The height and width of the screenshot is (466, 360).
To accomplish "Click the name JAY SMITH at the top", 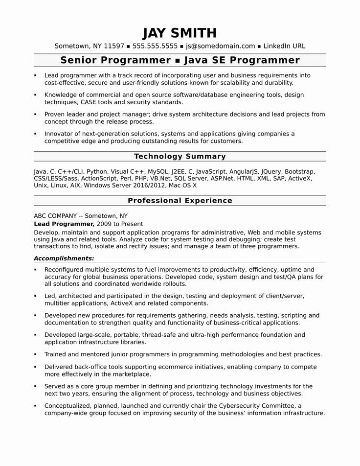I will click(180, 33).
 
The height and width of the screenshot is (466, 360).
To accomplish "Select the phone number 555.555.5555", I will click(154, 47).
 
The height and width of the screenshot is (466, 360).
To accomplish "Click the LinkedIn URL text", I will click(284, 47).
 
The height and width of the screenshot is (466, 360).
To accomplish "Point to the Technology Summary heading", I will click(180, 157).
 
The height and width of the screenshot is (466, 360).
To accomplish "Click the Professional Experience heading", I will click(180, 201).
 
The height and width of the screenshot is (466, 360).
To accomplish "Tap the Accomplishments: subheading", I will click(64, 258).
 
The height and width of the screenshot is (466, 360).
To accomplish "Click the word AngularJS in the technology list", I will click(243, 172).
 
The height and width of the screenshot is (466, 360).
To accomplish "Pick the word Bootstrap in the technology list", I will click(299, 172).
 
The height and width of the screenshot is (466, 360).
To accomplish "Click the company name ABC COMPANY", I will click(55, 215).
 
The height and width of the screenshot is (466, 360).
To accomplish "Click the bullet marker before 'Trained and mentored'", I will click(36, 354).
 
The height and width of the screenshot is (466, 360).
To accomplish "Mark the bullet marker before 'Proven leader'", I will click(36, 115).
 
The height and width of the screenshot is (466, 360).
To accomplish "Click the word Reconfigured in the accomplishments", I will click(64, 270).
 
